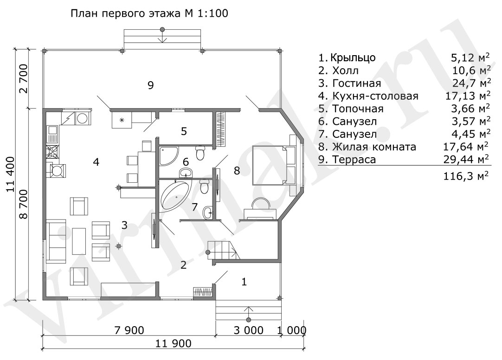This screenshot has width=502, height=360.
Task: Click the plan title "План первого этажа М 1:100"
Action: tap(149, 13)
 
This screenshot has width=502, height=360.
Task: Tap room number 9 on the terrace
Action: tap(150, 85)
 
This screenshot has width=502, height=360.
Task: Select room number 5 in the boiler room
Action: tap(184, 131)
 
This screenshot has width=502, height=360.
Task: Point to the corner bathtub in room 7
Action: tap(174, 195)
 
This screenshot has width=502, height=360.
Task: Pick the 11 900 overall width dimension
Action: tap(173, 343)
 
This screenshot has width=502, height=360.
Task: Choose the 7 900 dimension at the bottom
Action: tap(129, 330)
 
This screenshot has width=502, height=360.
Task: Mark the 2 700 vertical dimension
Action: tap(24, 79)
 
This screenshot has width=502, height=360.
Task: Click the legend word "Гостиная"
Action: tap(357, 83)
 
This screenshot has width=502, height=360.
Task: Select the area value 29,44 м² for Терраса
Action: tap(466, 159)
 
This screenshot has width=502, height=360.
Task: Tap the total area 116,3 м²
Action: tap(466, 176)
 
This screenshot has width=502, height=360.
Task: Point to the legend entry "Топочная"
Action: tap(358, 109)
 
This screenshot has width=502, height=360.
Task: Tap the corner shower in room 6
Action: tap(169, 156)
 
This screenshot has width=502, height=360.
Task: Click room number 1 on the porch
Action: tap(245, 282)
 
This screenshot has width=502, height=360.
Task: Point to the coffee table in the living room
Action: tap(79, 241)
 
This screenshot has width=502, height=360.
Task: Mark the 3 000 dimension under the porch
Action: tap(248, 330)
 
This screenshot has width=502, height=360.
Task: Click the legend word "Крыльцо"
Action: tap(353, 58)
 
